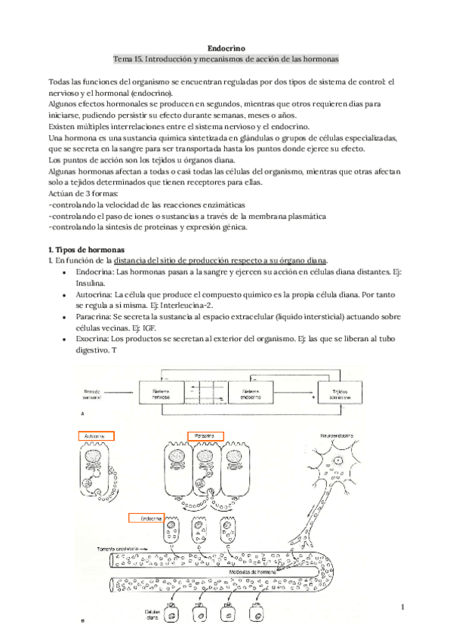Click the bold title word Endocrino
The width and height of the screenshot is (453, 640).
[x=226, y=47]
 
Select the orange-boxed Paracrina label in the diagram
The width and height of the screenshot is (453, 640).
[x=205, y=436]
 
